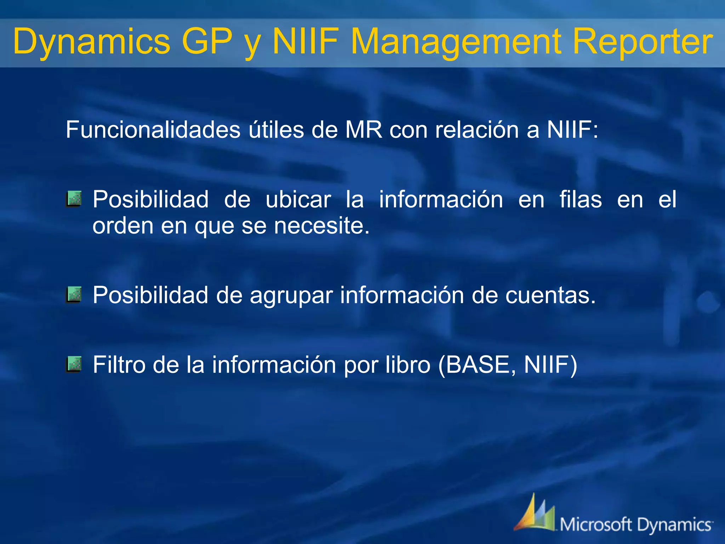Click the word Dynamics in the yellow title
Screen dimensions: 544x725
(x=91, y=42)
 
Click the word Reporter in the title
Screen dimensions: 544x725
(x=642, y=42)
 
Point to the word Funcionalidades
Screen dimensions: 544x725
(x=153, y=130)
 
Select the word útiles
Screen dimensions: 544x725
(x=276, y=130)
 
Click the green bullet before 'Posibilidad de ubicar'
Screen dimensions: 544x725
(x=74, y=199)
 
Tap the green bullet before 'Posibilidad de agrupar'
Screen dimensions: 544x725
(x=74, y=295)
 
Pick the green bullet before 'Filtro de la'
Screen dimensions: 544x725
(x=74, y=364)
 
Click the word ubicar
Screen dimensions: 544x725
(x=298, y=199)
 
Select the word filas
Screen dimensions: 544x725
(x=581, y=199)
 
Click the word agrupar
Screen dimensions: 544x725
(x=291, y=295)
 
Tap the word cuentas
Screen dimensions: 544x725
(x=550, y=295)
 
